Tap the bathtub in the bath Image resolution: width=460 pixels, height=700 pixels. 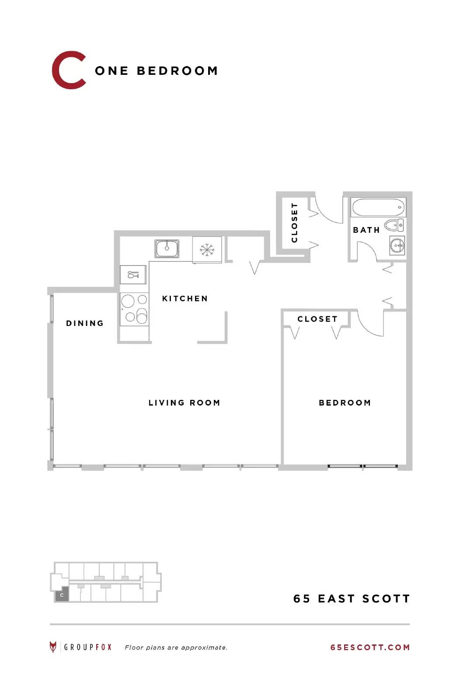[x=378, y=207]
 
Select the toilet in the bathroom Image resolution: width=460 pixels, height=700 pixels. [x=394, y=225]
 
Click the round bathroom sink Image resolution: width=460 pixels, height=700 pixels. [x=397, y=245]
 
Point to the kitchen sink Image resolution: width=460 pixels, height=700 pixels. [x=167, y=248]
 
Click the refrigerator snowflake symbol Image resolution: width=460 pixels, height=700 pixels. [x=207, y=250]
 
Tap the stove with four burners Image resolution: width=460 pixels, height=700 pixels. [x=134, y=309]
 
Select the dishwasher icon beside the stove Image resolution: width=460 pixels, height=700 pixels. [x=133, y=275]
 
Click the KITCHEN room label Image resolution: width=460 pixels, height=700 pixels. [x=185, y=298]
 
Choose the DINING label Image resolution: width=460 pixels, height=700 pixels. [x=85, y=323]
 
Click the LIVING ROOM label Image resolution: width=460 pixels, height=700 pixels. [x=184, y=402]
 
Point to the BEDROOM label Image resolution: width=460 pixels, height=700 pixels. [x=345, y=402]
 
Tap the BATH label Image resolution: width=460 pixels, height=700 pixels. [x=366, y=230]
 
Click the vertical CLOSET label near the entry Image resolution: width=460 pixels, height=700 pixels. [x=294, y=223]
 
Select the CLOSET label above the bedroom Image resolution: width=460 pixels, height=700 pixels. [x=317, y=319]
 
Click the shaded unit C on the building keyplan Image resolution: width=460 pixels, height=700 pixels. [x=62, y=595]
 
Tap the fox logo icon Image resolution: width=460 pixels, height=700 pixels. [x=53, y=647]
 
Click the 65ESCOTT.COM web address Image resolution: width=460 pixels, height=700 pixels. [x=370, y=647]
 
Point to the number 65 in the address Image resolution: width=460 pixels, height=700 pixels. [x=302, y=599]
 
